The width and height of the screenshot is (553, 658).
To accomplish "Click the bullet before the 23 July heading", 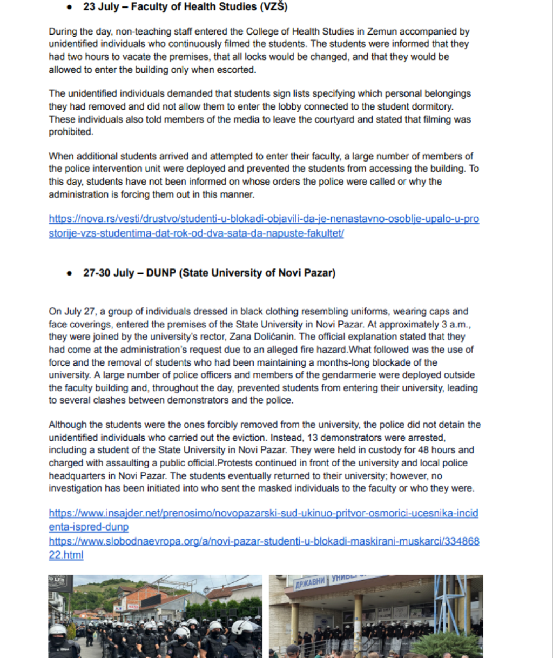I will point(69,7).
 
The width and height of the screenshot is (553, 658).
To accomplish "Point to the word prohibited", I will point(71,132).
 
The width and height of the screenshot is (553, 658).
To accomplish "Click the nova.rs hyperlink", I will point(264,226).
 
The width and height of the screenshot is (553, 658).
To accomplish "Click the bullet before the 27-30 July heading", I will point(69,273).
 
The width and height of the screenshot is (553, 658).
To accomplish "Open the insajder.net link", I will point(264,519).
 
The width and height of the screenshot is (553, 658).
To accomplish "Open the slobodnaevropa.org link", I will point(264,547).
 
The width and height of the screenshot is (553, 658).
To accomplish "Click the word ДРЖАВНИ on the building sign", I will point(310,583).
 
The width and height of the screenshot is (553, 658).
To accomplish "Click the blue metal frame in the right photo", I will point(462,605).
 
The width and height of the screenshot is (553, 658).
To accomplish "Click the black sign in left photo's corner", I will point(60,583).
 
